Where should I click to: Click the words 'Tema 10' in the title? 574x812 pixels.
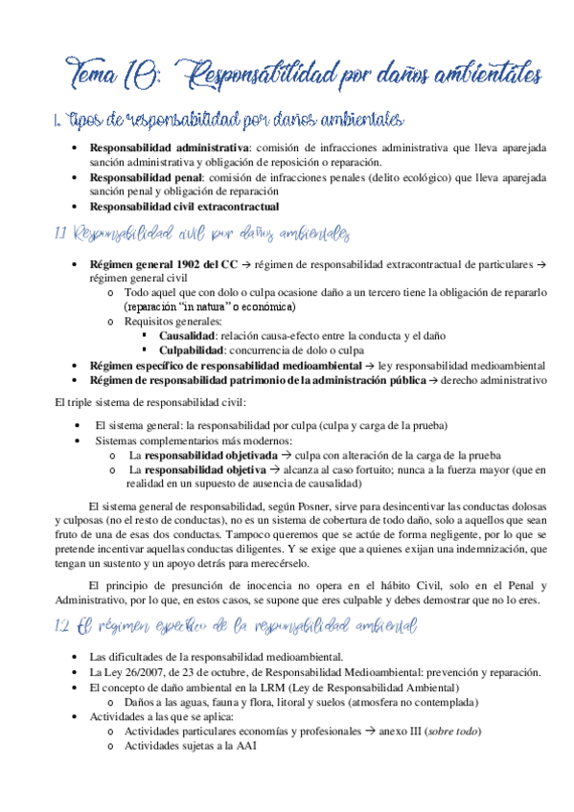(103, 72)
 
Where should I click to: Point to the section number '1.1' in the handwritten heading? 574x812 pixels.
(61, 234)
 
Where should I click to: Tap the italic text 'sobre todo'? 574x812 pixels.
(453, 732)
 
